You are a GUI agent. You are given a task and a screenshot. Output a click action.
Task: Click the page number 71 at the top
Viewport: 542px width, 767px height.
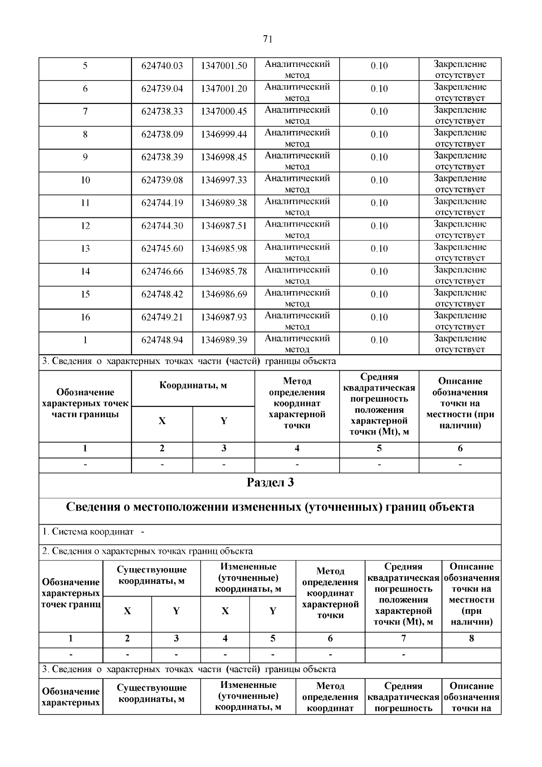(267, 39)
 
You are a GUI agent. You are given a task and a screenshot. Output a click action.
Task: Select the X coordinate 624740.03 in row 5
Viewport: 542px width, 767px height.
(162, 66)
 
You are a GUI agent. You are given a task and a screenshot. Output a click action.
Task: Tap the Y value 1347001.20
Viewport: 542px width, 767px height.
(224, 89)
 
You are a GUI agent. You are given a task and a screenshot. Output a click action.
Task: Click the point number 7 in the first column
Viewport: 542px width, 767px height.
(85, 111)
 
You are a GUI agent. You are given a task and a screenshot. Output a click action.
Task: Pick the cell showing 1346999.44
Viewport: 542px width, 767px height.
(224, 134)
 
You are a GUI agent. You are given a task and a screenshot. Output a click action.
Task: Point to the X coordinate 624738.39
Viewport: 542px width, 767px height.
(162, 157)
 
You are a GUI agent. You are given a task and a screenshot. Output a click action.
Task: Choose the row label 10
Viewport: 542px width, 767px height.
(85, 180)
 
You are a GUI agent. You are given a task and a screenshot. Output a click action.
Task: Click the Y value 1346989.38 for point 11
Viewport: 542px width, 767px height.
(224, 203)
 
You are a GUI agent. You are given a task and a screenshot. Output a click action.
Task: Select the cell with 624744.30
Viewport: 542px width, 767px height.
(162, 226)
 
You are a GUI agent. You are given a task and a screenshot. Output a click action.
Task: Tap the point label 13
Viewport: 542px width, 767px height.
(85, 249)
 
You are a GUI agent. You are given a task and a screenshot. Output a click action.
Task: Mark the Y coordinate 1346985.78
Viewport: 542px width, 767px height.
(224, 272)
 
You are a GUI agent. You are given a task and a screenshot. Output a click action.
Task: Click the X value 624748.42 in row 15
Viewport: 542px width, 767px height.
(162, 294)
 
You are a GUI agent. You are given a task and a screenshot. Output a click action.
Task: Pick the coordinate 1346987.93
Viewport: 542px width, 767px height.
(224, 317)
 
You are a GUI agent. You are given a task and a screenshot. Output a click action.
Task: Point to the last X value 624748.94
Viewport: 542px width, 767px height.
(162, 340)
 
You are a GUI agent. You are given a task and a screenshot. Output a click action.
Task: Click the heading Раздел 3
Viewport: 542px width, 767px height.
(270, 483)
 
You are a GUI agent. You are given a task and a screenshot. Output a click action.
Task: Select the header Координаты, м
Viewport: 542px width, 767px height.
(193, 386)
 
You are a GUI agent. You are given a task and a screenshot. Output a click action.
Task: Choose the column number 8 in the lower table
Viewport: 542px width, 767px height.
(472, 639)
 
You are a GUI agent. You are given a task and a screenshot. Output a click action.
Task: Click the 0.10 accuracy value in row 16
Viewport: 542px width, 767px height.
(379, 317)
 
